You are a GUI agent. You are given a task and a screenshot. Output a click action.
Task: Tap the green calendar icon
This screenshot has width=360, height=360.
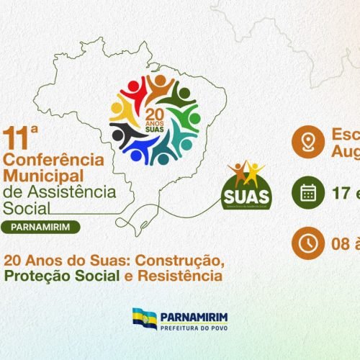(307, 192)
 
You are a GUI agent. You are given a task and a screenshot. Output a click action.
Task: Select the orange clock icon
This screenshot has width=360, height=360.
(307, 243)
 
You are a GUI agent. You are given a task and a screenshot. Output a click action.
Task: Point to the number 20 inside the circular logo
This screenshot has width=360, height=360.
(155, 113)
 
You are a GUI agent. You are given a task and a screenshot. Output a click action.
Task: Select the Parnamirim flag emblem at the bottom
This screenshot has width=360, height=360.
(144, 318)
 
